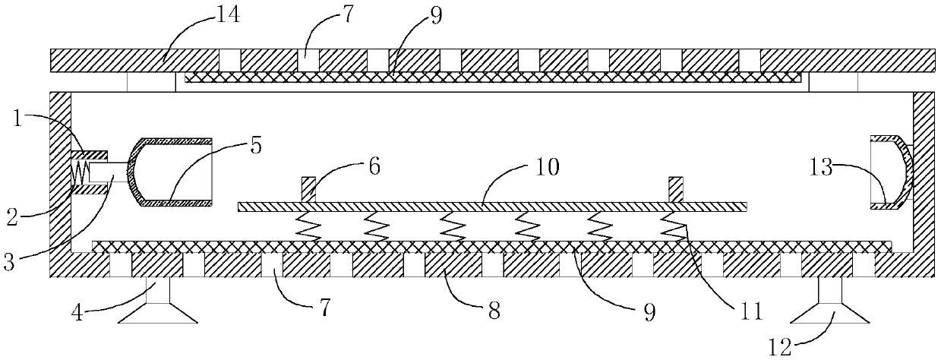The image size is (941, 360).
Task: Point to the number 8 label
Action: (494, 312)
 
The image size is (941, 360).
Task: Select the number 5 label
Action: (254, 146)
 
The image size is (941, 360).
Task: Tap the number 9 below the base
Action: (647, 311)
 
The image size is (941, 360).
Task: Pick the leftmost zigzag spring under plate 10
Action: (310, 226)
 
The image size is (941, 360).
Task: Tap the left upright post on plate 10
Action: (308, 189)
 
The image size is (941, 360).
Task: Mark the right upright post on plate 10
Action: (675, 189)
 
